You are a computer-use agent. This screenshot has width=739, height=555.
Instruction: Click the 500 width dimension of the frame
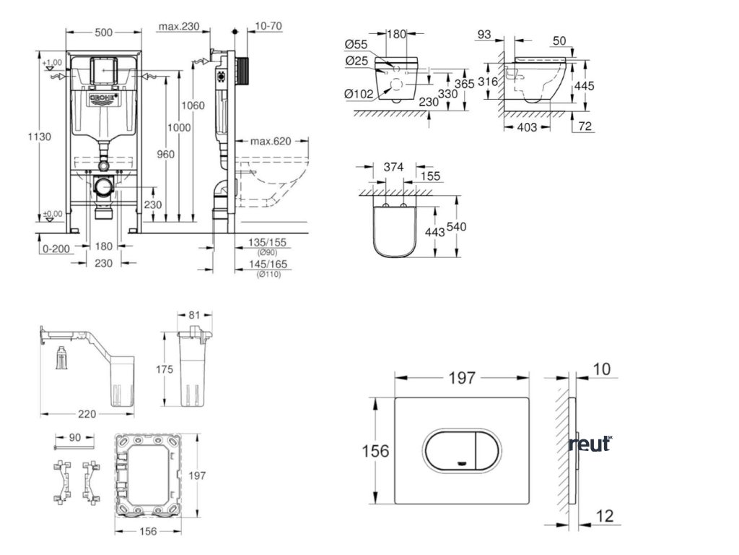(103, 32)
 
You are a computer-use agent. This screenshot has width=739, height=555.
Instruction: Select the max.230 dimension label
(179, 27)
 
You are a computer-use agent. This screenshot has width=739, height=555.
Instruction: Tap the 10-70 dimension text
(268, 27)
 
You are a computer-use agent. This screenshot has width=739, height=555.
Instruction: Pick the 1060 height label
(193, 106)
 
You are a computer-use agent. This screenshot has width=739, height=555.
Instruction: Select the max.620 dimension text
(271, 141)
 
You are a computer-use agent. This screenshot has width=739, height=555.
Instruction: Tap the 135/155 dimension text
(266, 242)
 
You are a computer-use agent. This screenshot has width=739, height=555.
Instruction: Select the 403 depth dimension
(528, 127)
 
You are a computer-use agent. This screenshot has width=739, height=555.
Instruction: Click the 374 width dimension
(393, 167)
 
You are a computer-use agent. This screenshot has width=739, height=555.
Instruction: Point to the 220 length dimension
(87, 414)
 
